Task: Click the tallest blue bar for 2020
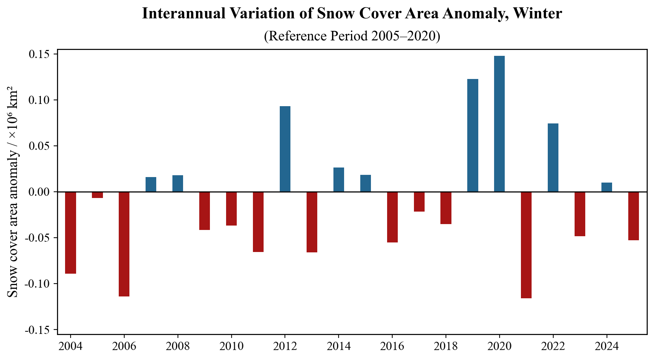pos(499,124)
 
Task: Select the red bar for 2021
pos(526,245)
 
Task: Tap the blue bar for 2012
pos(285,149)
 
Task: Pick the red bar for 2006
pos(124,244)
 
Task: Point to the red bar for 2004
pos(70,233)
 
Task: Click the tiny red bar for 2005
pos(97,195)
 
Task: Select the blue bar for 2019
pos(472,135)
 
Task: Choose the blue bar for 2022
pos(553,158)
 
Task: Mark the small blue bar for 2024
pos(607,187)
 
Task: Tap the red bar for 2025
pos(633,216)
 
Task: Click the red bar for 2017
pos(419,202)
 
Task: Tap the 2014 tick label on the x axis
pos(338,346)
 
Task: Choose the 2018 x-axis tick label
pos(446,346)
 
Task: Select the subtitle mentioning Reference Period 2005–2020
pos(352,36)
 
